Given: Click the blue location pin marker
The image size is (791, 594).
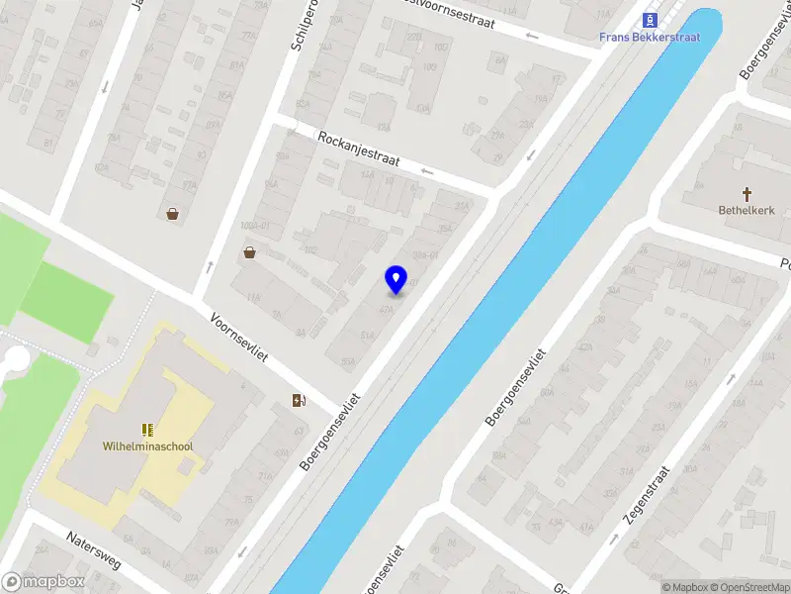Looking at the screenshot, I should click(395, 279).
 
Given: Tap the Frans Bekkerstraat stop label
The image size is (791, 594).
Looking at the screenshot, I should click(650, 38).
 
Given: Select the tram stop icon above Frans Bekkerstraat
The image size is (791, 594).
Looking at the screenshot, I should click(650, 19).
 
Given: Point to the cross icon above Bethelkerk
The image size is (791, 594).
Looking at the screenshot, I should click(747, 194).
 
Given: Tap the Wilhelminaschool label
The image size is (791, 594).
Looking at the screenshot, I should click(147, 446).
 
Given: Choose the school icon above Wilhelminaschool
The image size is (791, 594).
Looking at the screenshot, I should click(147, 430).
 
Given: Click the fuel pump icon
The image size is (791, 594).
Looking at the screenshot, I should click(299, 400).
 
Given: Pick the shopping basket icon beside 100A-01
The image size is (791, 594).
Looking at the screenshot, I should click(250, 252).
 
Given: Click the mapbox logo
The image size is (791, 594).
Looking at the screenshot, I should click(44, 582).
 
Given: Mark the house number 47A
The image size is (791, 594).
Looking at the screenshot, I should click(386, 309).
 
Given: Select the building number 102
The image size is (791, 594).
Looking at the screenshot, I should click(309, 250).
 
